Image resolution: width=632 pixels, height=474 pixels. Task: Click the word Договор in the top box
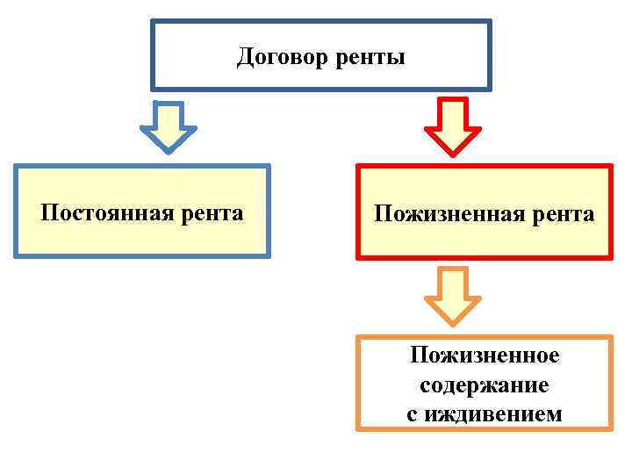click(x=280, y=58)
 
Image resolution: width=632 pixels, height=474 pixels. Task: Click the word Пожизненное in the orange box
click(x=485, y=356)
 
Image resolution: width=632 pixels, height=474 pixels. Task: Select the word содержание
click(x=485, y=384)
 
